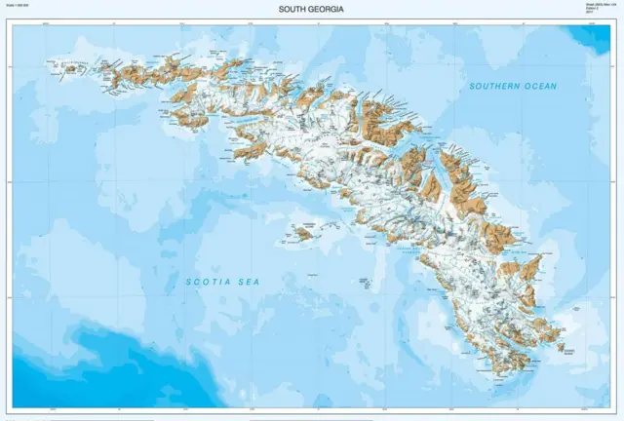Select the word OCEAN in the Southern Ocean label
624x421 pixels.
[540, 87]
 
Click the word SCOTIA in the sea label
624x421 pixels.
[206, 283]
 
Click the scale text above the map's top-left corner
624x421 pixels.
[19, 8]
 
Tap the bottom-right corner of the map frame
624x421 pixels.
[613, 408]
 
